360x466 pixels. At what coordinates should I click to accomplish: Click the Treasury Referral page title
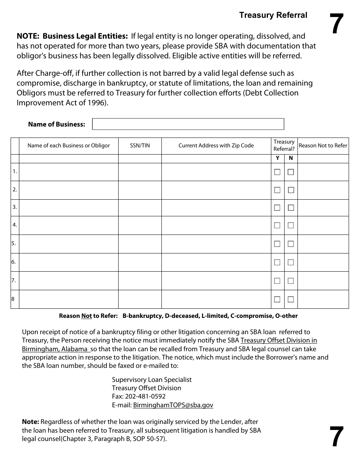pos(273,15)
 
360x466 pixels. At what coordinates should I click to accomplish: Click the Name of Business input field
pos(188,124)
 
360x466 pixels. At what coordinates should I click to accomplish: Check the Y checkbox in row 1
pos(277,172)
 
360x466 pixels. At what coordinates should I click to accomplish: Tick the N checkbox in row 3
pos(291,208)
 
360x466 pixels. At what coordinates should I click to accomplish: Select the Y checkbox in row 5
pos(277,244)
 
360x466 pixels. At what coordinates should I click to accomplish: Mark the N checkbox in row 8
pos(291,299)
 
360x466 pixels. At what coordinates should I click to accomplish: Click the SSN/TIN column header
pos(140,145)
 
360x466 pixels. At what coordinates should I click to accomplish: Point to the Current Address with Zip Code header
pos(216,145)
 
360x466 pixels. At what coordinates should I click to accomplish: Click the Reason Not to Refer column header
pos(323,145)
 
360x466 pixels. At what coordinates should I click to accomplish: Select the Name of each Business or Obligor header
pos(69,145)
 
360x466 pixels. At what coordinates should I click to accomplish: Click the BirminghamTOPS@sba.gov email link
pos(173,405)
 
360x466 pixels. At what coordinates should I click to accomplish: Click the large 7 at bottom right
pos(336,437)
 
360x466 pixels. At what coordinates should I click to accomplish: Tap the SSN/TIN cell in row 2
pos(140,190)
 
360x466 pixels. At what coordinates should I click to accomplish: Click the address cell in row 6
pos(216,262)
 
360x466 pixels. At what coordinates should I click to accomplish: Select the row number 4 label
pos(14,225)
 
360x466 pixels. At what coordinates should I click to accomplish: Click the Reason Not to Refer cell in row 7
pos(323,281)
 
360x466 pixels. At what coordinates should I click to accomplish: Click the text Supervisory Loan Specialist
pos(152,380)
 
